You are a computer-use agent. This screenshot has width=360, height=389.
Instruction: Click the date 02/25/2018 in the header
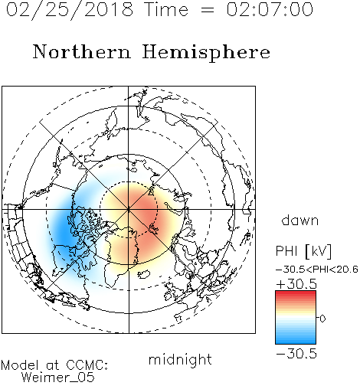pyautogui.click(x=70, y=10)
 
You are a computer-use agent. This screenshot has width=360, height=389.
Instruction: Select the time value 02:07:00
pyautogui.click(x=270, y=10)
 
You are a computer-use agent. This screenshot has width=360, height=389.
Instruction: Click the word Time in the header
pyautogui.click(x=166, y=10)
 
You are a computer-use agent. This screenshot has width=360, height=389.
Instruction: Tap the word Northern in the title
pyautogui.click(x=82, y=52)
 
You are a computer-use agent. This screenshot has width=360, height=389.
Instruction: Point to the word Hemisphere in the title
pyautogui.click(x=206, y=53)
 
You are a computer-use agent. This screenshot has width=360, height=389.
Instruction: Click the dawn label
pyautogui.click(x=300, y=220)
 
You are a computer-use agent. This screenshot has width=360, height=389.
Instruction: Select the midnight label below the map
pyautogui.click(x=180, y=360)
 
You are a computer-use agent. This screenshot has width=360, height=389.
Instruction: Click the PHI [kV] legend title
pyautogui.click(x=303, y=251)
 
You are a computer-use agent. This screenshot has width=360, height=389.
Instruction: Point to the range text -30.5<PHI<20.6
pyautogui.click(x=317, y=270)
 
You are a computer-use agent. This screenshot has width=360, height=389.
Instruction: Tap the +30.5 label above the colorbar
pyautogui.click(x=296, y=284)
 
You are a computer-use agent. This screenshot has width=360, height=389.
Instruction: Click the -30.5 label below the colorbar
pyautogui.click(x=296, y=354)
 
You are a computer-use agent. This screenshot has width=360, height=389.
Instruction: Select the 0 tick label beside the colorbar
pyautogui.click(x=322, y=319)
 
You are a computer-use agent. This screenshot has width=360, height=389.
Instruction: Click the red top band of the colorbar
pyautogui.click(x=296, y=294)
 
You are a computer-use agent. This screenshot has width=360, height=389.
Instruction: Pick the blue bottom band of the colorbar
pyautogui.click(x=296, y=341)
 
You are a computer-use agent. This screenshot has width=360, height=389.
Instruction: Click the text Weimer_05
pyautogui.click(x=57, y=378)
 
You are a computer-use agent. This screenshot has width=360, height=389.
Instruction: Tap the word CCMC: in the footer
pyautogui.click(x=87, y=365)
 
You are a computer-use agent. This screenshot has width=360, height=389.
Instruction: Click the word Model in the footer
pyautogui.click(x=21, y=365)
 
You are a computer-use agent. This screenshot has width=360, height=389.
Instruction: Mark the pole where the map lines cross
pyautogui.click(x=129, y=209)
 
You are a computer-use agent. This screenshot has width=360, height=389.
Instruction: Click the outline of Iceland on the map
pyautogui.click(x=143, y=274)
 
